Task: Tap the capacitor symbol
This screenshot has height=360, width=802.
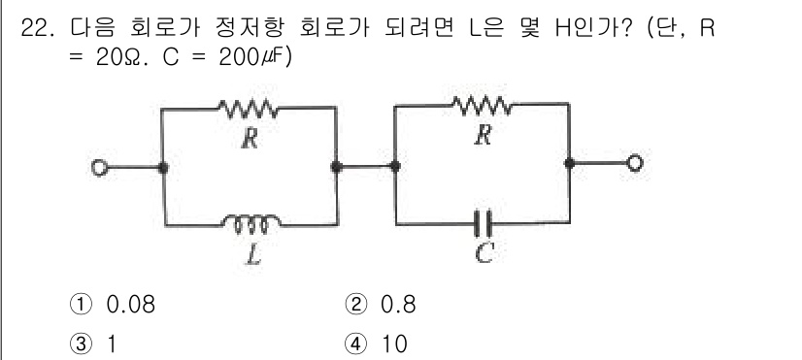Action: tap(480, 224)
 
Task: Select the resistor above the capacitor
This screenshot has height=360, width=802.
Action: tap(480, 105)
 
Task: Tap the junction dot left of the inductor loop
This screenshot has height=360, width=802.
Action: tap(162, 168)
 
